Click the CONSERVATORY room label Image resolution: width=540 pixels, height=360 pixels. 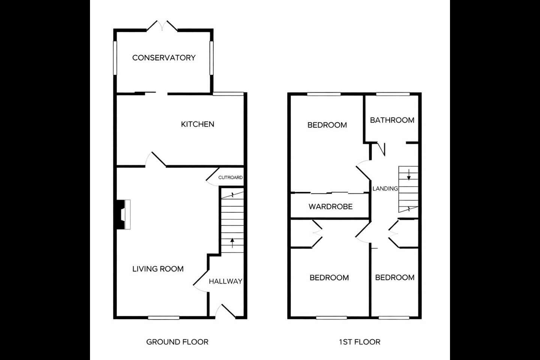pos(164,58)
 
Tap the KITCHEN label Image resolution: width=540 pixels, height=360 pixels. pos(197,124)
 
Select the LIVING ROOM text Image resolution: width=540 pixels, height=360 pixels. pos(158,269)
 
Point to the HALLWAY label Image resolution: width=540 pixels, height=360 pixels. pos(226,281)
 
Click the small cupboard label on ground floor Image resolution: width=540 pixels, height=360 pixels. pos(231,177)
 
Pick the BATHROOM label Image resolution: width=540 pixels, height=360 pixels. pos(392,120)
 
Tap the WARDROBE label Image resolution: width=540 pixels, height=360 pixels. pos(330,206)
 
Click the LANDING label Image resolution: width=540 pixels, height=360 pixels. pos(385,189)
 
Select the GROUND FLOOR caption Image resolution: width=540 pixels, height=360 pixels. pos(177,342)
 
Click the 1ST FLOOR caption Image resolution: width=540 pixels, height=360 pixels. pos(360,342)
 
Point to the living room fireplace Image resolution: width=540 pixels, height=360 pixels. pos(123,214)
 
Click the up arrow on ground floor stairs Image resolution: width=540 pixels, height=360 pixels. pos(232,243)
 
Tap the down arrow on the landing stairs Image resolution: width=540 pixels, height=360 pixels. pos(409,175)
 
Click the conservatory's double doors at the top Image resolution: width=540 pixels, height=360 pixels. pos(162,26)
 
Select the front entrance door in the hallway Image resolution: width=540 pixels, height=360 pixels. pos(225,312)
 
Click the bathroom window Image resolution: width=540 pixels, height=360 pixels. pos(393,94)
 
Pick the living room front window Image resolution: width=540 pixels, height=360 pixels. pos(163,318)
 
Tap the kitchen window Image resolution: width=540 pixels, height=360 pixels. pos(228,94)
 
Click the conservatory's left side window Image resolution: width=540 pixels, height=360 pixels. pos(115,58)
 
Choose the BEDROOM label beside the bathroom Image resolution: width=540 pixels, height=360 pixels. pos(327,125)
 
